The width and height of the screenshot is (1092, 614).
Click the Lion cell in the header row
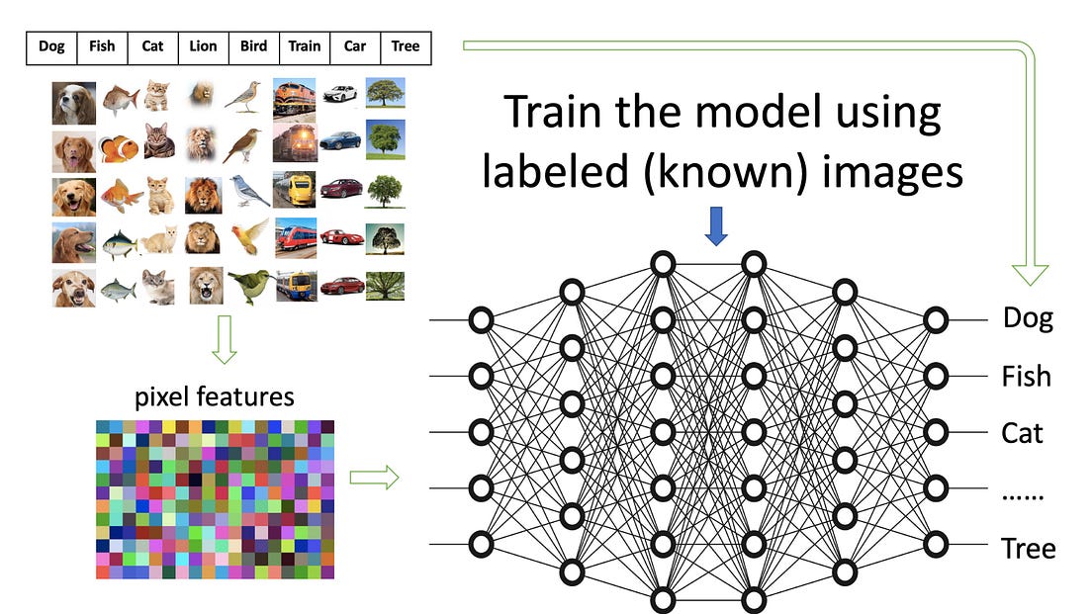[203, 46]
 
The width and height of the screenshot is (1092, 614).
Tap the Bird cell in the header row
[253, 46]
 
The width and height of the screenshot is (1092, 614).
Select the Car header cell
[354, 46]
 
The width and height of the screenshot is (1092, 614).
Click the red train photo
[296, 237]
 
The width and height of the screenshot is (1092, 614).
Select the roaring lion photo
[206, 286]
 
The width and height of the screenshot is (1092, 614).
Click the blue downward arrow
[717, 226]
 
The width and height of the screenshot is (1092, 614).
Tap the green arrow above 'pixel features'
[226, 341]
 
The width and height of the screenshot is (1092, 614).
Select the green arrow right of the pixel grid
[374, 479]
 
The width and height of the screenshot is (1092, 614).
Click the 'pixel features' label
[214, 397]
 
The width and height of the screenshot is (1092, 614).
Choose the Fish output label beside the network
[1026, 377]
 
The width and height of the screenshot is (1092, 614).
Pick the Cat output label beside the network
[1023, 433]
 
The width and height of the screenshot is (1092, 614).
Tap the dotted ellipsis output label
[1024, 490]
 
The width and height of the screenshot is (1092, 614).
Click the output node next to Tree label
[935, 544]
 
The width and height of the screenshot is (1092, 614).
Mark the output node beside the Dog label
[935, 319]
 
